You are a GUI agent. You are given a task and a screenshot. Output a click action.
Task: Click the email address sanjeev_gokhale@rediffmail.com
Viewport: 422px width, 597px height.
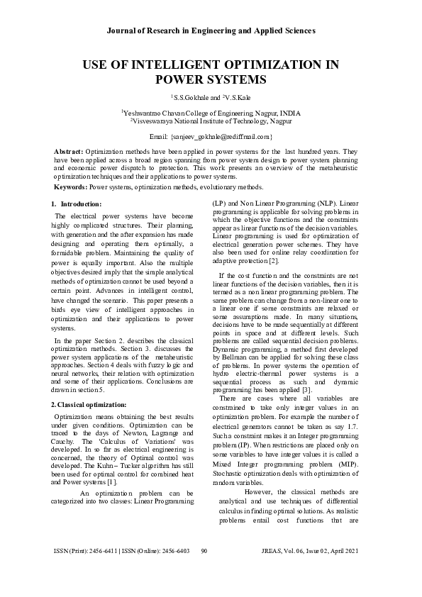(221, 135)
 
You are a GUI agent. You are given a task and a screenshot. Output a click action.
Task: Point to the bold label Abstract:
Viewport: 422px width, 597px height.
(69, 152)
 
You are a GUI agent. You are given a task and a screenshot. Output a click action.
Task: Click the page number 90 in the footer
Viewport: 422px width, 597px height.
(204, 571)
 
